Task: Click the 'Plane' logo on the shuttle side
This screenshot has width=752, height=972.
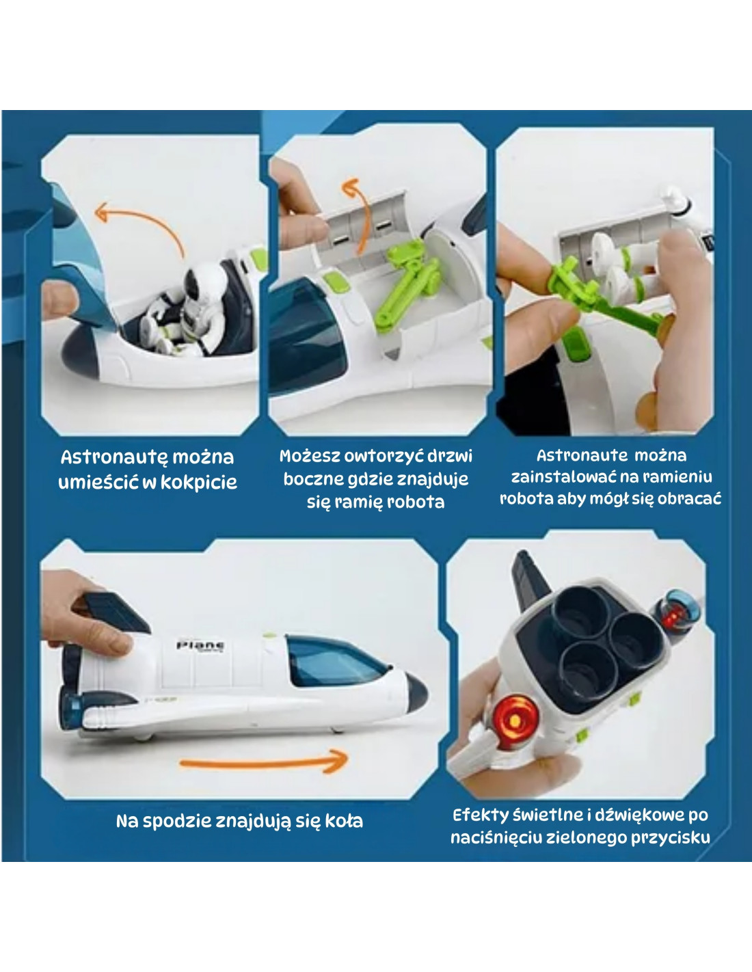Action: (x=200, y=645)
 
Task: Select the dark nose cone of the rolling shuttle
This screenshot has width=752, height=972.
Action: (x=416, y=693)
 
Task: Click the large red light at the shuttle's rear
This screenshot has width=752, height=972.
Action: (x=515, y=720)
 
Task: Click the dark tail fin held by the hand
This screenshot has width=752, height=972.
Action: (x=116, y=613)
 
